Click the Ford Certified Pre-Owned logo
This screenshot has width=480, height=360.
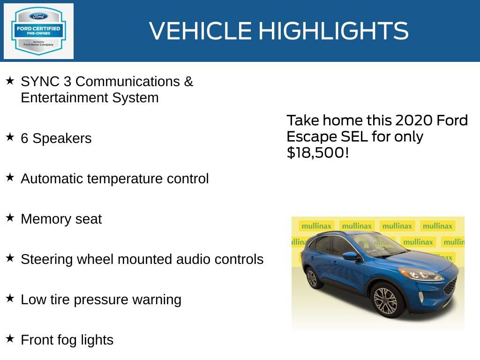pos(38,31)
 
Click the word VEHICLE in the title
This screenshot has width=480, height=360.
pos(200,31)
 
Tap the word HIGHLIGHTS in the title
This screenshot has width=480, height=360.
pos(333,31)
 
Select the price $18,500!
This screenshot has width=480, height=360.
pos(317,152)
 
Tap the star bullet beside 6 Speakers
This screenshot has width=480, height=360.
pos(10,137)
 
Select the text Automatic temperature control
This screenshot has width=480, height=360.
pos(114,179)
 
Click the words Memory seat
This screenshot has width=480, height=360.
pos(61,219)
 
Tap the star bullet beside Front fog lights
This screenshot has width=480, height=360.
pos(10,339)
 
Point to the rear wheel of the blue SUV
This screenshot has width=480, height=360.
pos(312,277)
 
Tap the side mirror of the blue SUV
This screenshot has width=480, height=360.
pos(350,256)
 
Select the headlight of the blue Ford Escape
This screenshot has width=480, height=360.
pos(420,274)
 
